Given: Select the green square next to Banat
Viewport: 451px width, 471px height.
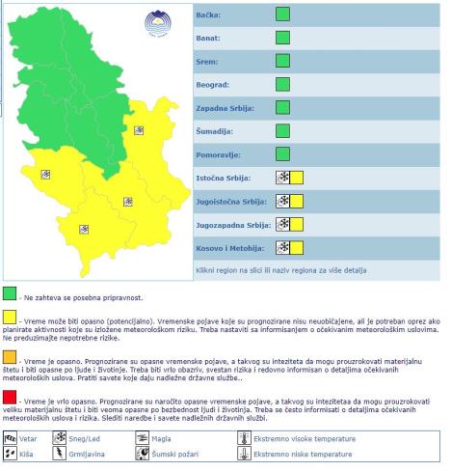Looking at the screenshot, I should click(x=282, y=39).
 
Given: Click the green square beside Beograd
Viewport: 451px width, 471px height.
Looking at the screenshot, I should click(x=282, y=84).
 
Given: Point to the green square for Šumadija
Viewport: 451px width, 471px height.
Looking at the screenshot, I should click(x=282, y=130).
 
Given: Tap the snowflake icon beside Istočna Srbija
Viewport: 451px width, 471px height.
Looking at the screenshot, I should click(x=282, y=178).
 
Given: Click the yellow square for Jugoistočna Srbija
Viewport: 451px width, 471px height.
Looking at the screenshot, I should click(x=297, y=201).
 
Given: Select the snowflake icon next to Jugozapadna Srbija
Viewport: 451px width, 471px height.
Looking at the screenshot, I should click(x=282, y=224).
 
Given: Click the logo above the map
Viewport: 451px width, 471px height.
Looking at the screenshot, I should click(x=153, y=22).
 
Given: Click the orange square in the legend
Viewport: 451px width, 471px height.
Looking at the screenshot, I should click(x=10, y=357).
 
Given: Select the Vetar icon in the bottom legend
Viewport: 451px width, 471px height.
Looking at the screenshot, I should click(x=11, y=438).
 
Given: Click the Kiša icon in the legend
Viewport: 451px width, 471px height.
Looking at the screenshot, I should click(x=11, y=452).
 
